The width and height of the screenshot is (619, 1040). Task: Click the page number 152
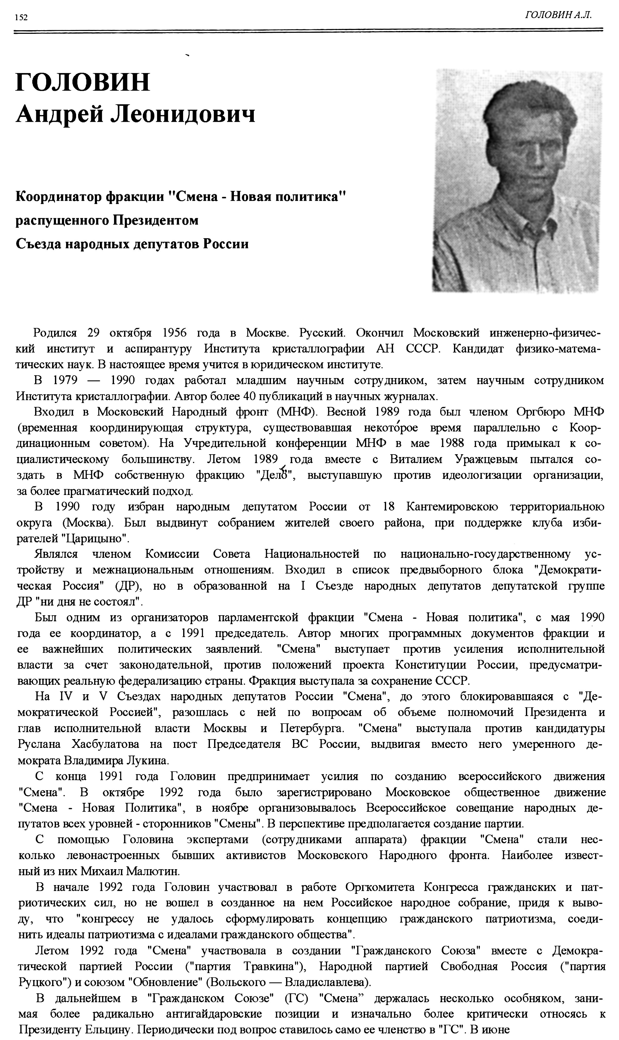pyautogui.click(x=21, y=18)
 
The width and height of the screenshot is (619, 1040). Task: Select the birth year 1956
pyautogui.click(x=174, y=333)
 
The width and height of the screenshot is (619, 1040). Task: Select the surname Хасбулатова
pyautogui.click(x=101, y=744)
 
